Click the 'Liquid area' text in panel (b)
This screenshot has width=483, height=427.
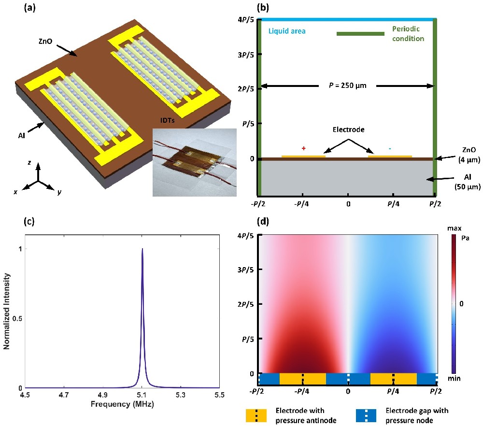click(x=287, y=31)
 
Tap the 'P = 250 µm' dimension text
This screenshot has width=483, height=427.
click(x=347, y=86)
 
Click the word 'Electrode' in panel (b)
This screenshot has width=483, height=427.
click(x=347, y=130)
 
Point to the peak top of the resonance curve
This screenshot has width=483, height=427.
click(x=142, y=250)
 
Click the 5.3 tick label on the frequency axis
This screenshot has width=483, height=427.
click(x=181, y=396)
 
